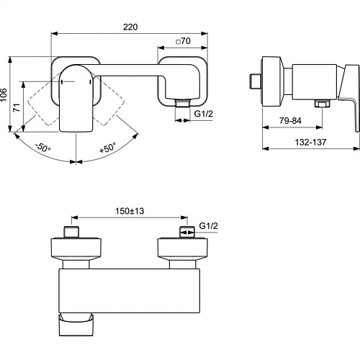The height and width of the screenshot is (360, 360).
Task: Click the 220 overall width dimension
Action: [130, 27]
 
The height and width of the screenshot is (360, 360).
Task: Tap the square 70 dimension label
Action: [184, 41]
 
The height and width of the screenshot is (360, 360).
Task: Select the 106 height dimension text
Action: [4, 95]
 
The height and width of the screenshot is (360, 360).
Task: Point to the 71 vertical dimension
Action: [17, 107]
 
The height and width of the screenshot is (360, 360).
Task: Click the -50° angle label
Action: [42, 147]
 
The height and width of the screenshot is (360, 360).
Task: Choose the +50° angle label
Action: [108, 148]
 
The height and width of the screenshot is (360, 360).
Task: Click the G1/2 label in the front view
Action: [204, 114]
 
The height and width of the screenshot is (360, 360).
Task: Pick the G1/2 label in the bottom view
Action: [209, 226]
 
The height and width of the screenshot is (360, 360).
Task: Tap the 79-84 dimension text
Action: [290, 120]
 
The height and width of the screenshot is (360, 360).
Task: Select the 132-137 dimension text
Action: [310, 142]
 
